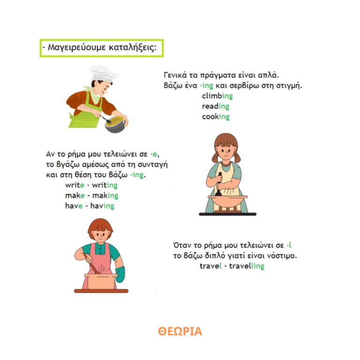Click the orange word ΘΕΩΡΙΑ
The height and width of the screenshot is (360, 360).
click(x=180, y=331)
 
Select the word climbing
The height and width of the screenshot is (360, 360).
click(x=217, y=96)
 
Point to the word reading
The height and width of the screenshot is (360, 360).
click(x=215, y=106)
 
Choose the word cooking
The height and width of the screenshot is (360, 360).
click(x=216, y=117)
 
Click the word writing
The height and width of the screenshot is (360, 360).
click(x=105, y=185)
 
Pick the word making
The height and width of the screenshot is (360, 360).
click(x=105, y=195)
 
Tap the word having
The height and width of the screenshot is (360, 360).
click(x=102, y=206)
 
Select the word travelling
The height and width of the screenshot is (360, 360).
click(x=247, y=266)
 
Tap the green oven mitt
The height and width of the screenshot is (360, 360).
click(x=120, y=274)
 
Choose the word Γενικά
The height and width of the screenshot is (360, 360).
click(x=173, y=75)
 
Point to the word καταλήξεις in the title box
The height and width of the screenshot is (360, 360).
click(x=133, y=47)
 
